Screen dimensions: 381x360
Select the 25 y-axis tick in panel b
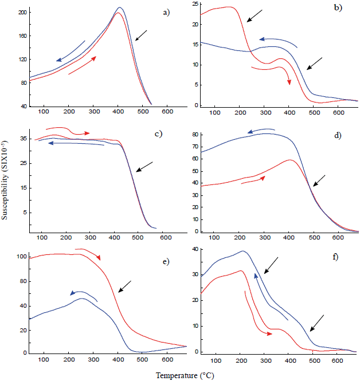click(195, 4)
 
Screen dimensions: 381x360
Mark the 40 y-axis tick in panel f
click(195, 250)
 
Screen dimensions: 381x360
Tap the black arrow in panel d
click(319, 180)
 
